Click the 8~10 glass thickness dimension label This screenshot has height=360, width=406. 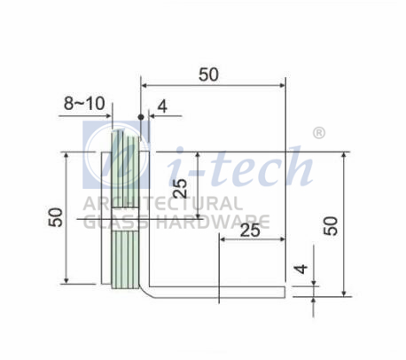tap(84, 104)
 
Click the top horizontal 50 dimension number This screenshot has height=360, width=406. tap(208, 74)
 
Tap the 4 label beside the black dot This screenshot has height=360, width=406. tap(162, 106)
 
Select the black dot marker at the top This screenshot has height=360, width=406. tap(141, 117)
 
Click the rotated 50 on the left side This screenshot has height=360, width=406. tap(56, 217)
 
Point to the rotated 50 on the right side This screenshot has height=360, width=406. tap(331, 226)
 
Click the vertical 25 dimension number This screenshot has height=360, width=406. tap(180, 188)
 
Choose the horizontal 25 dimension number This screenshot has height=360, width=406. tap(250, 231)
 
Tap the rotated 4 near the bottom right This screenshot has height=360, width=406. tap(301, 269)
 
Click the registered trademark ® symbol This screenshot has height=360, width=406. tap(319, 133)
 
